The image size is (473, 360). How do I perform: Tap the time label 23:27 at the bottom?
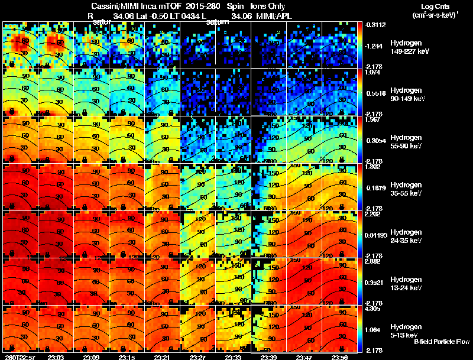click(197, 357)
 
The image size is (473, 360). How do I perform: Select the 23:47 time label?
click(304, 357)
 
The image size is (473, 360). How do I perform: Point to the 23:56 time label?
click(339, 357)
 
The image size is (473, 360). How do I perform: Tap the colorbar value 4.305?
click(374, 309)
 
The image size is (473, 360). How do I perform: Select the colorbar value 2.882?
click(374, 261)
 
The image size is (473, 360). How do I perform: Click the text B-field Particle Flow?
click(442, 342)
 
